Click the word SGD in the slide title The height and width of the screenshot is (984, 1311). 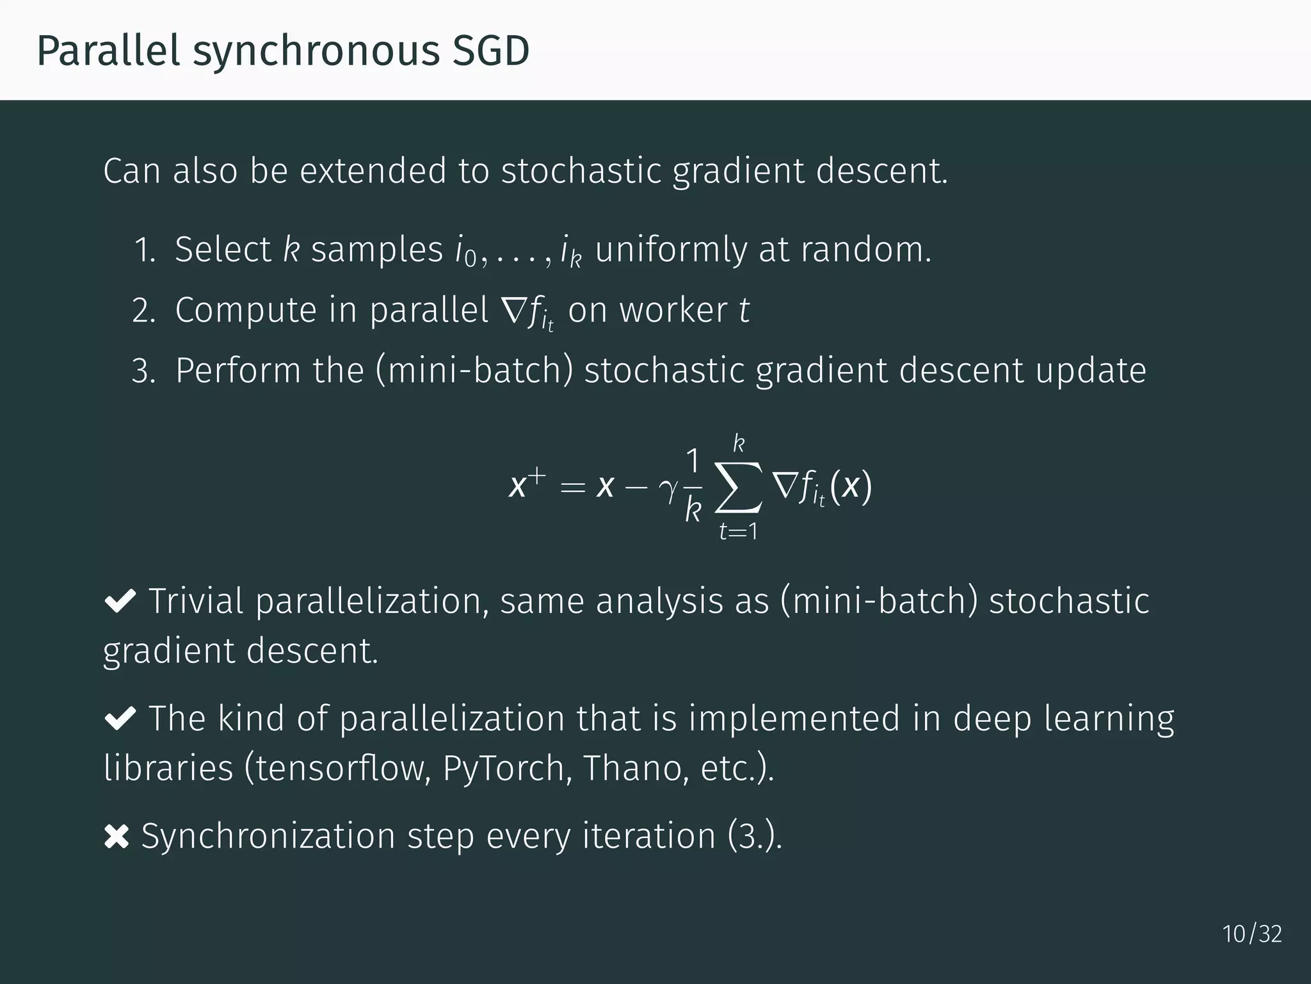tap(491, 51)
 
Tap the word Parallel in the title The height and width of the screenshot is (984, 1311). tap(108, 51)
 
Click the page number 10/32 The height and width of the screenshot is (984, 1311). tap(1251, 934)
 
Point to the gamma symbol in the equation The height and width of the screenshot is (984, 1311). tap(667, 489)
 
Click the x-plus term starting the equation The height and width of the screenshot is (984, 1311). tap(526, 484)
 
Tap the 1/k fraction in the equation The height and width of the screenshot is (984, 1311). tap(693, 487)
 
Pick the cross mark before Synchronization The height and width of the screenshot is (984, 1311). tap(117, 837)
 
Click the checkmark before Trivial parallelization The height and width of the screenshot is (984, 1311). tap(120, 601)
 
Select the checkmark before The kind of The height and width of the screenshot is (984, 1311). tap(120, 718)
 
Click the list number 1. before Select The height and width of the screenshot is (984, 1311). tap(145, 250)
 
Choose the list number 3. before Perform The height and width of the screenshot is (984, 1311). tap(143, 372)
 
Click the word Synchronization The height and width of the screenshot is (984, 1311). tap(268, 836)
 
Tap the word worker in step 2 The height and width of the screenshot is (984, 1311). tap(673, 311)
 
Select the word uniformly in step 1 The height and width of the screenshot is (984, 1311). tap(671, 250)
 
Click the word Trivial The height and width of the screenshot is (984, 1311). tap(196, 601)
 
